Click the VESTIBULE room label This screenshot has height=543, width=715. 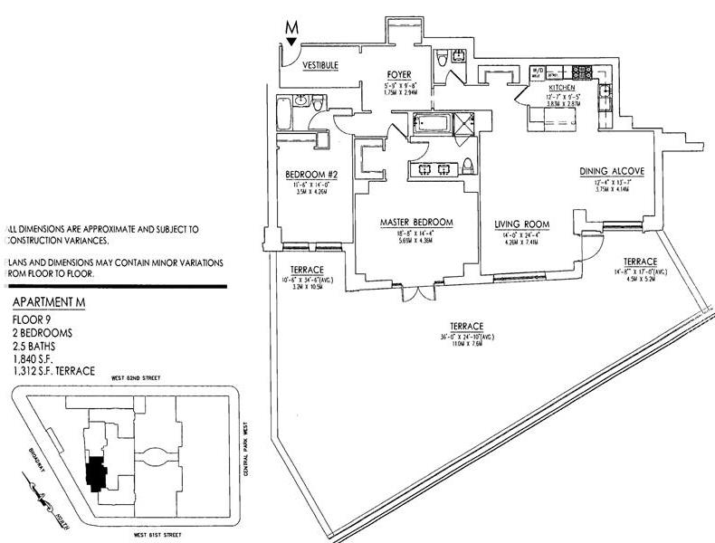(319, 66)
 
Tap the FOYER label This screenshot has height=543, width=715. (398, 74)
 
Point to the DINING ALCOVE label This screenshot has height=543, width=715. (612, 170)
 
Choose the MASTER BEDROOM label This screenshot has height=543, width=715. (416, 224)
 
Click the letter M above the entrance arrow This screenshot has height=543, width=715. (291, 27)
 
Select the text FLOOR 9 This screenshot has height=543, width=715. (32, 319)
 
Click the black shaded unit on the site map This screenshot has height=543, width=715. (93, 472)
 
